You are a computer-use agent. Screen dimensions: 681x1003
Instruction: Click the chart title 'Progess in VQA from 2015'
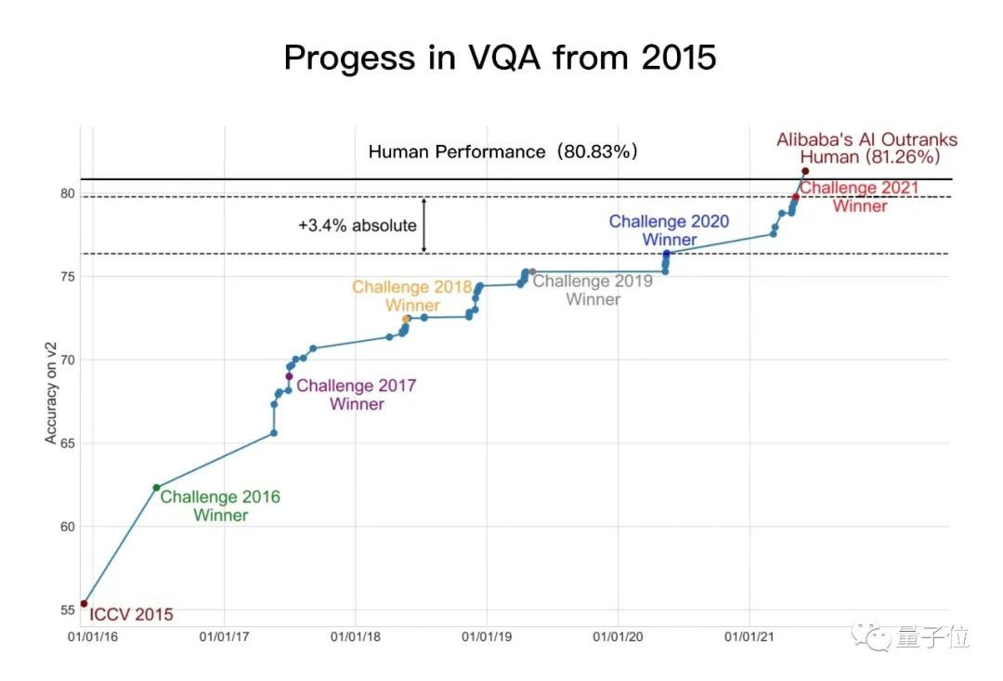point(500,58)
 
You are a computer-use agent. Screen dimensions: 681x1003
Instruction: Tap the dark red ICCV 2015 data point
point(85,604)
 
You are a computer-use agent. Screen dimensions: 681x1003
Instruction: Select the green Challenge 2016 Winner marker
point(156,488)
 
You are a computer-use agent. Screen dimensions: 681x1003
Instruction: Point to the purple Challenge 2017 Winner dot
point(289,376)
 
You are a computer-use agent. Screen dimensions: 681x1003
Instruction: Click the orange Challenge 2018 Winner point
point(406,319)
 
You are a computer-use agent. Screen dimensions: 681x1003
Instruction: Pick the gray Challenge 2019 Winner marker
point(531,272)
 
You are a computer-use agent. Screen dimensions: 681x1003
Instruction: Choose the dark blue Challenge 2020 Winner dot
point(666,254)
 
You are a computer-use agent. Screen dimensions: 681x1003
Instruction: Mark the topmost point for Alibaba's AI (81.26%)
point(805,171)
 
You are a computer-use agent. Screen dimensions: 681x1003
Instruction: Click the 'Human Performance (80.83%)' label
point(503,151)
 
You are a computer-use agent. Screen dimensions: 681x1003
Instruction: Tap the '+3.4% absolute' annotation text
point(358,226)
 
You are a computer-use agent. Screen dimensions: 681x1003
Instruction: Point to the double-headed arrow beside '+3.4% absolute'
point(424,225)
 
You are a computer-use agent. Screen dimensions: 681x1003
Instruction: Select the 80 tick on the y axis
point(67,194)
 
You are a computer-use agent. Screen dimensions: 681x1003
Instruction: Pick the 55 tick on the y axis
point(67,610)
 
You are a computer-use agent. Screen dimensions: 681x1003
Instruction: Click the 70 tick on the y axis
point(67,360)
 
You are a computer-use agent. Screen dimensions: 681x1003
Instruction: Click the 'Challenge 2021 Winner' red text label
point(859,197)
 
